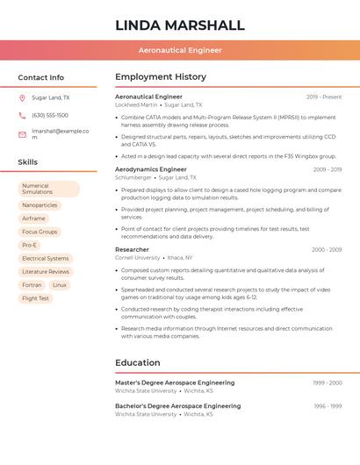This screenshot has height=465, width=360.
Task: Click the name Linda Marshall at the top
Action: pyautogui.click(x=179, y=25)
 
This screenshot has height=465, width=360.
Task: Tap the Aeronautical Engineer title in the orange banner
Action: pyautogui.click(x=179, y=50)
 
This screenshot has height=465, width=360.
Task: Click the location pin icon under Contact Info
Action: pyautogui.click(x=22, y=98)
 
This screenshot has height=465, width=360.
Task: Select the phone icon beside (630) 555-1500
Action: pyautogui.click(x=22, y=116)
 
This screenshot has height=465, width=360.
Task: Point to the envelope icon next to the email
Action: pyautogui.click(x=22, y=134)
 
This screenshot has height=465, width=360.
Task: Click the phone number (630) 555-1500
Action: pyautogui.click(x=50, y=116)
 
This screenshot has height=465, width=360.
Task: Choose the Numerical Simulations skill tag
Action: pyautogui.click(x=48, y=189)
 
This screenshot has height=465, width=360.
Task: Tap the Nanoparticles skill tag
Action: pyautogui.click(x=40, y=205)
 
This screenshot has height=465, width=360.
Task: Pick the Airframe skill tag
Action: pyautogui.click(x=33, y=218)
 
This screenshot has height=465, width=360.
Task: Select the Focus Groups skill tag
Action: pyautogui.click(x=40, y=232)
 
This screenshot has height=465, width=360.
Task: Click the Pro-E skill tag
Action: pyautogui.click(x=30, y=245)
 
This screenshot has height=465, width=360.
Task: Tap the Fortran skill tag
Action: pyautogui.click(x=32, y=285)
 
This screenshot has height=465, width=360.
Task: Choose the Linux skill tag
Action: pyautogui.click(x=60, y=285)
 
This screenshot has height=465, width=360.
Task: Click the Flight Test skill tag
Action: pyautogui.click(x=36, y=298)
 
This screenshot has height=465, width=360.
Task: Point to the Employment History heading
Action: pyautogui.click(x=161, y=77)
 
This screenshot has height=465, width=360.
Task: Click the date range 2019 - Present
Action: pyautogui.click(x=324, y=97)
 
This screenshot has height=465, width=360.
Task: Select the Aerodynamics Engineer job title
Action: pyautogui.click(x=151, y=169)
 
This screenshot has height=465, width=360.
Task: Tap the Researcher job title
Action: pyautogui.click(x=132, y=250)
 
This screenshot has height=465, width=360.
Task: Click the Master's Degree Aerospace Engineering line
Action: pyautogui.click(x=175, y=383)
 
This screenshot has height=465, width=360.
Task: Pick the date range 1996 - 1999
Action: pyautogui.click(x=328, y=406)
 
